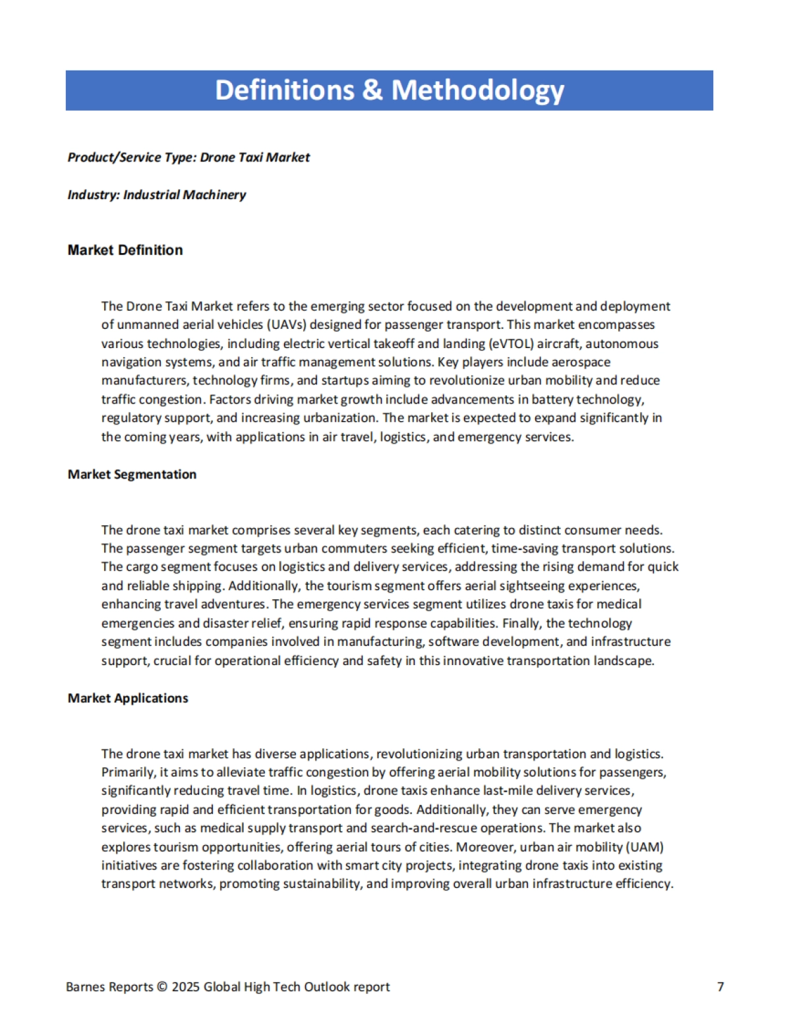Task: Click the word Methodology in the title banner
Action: pyautogui.click(x=478, y=90)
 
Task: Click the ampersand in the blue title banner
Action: pyautogui.click(x=372, y=90)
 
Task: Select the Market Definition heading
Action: pyautogui.click(x=125, y=250)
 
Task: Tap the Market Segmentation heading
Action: pyautogui.click(x=132, y=474)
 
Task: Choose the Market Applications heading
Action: pyautogui.click(x=128, y=698)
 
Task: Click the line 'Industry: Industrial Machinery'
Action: pyautogui.click(x=156, y=194)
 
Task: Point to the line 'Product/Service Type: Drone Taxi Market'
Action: pyautogui.click(x=189, y=157)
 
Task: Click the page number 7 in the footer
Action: pyautogui.click(x=720, y=987)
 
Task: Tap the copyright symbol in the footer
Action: pyautogui.click(x=162, y=987)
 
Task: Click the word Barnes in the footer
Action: pyautogui.click(x=85, y=987)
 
